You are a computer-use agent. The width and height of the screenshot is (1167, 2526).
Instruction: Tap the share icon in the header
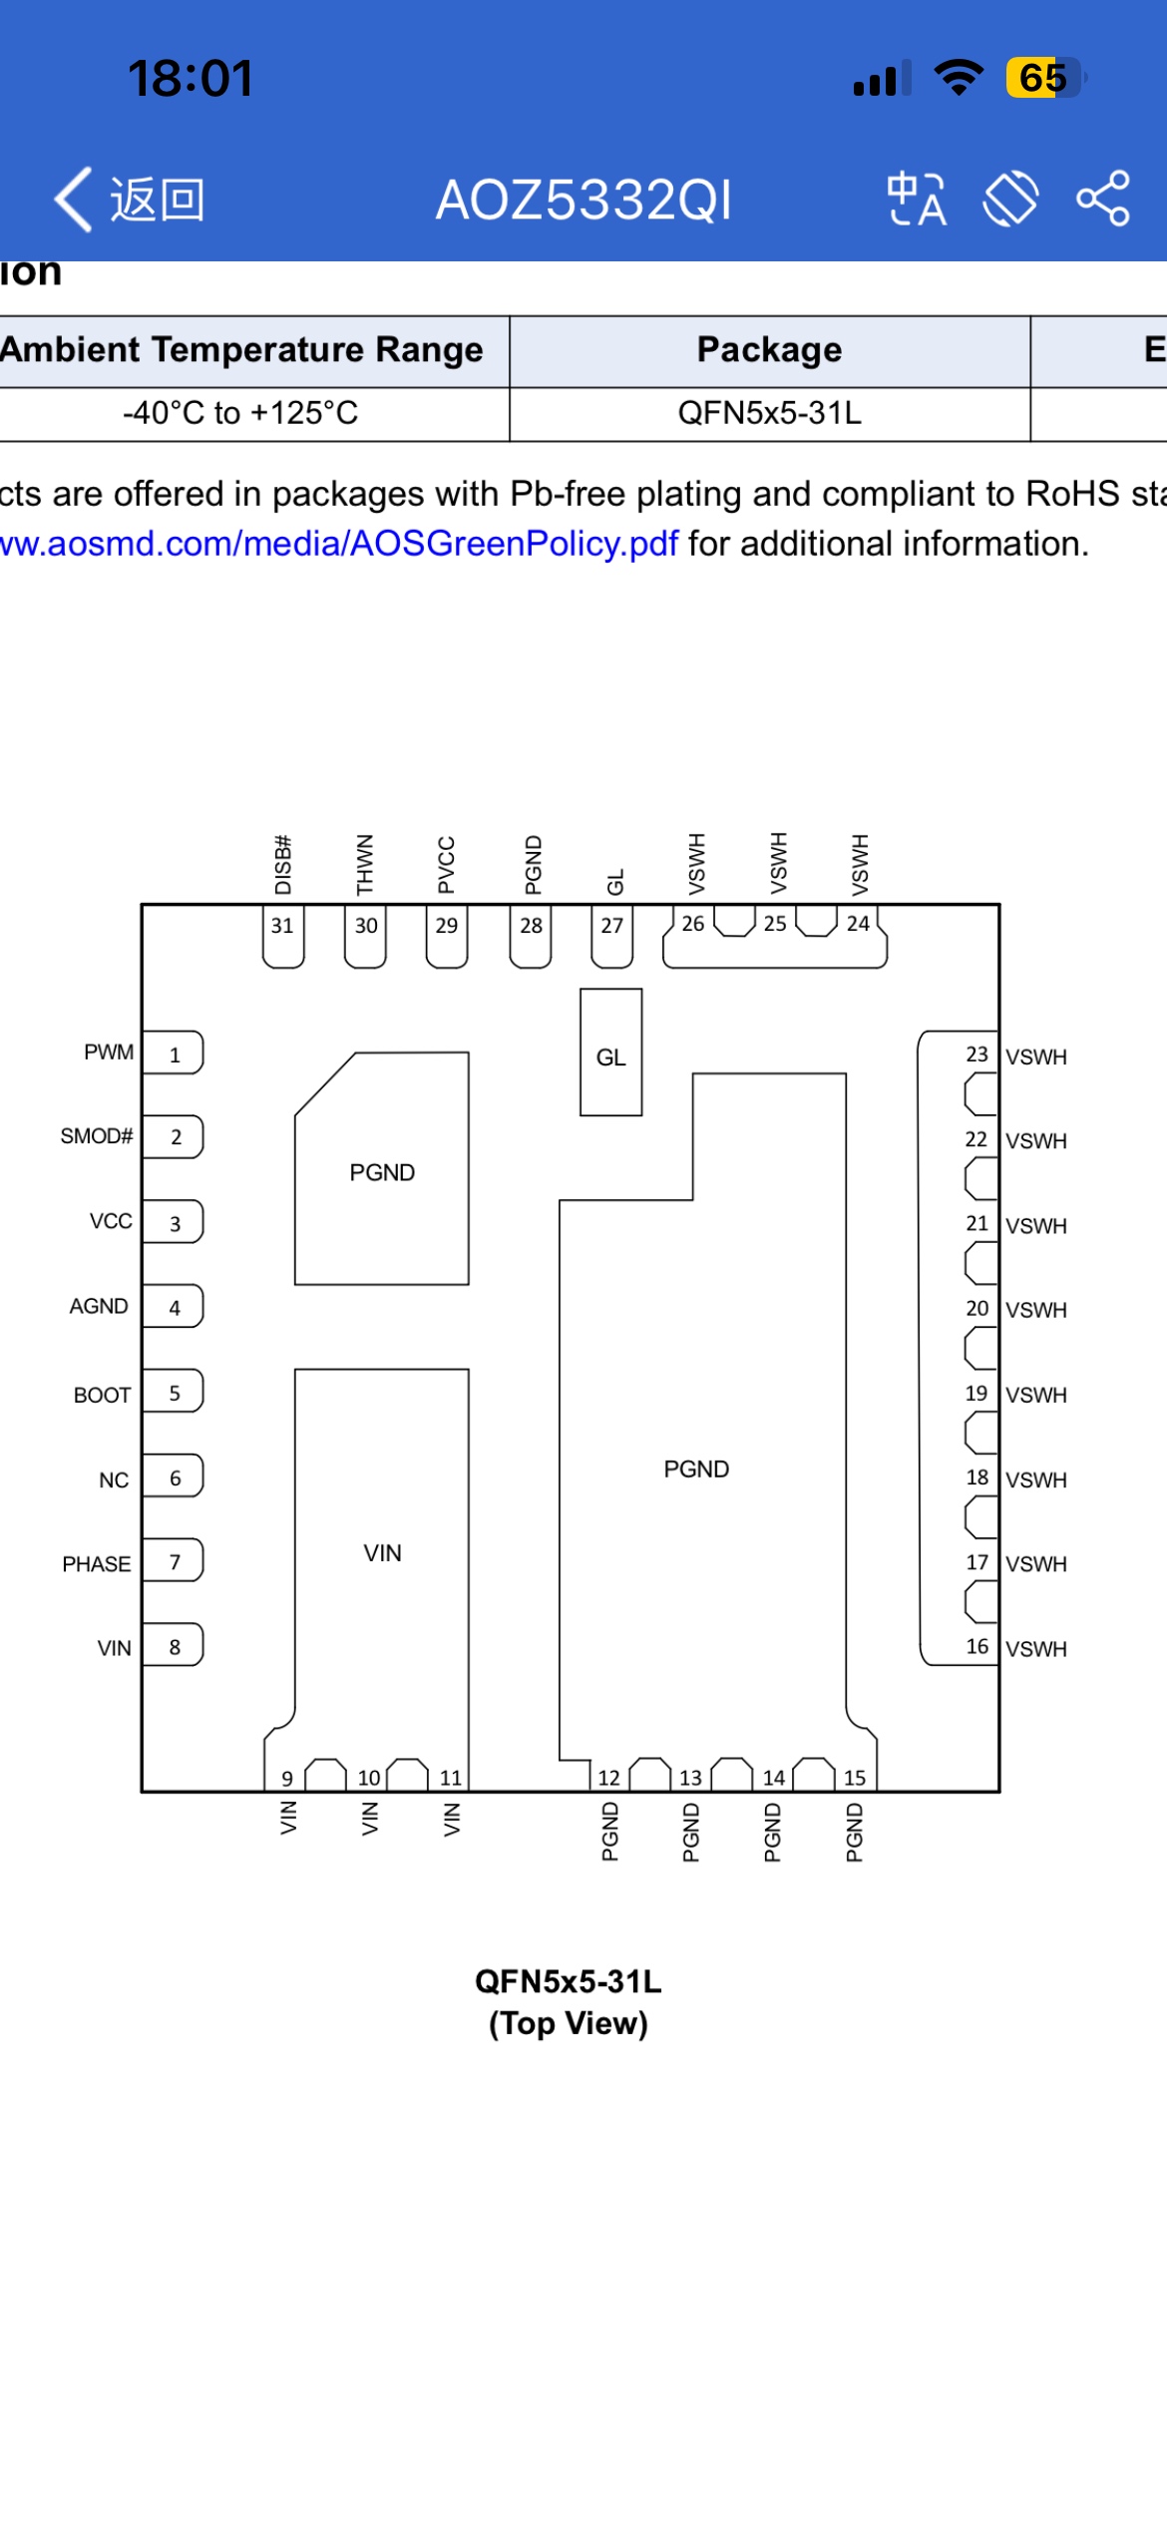(1102, 199)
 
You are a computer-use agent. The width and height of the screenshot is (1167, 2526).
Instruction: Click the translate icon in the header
(916, 199)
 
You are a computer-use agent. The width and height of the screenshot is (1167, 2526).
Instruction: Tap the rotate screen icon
(1010, 199)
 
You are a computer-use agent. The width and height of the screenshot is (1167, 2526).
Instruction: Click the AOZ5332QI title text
(583, 200)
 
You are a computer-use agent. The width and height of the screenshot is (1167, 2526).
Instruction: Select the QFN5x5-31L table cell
(769, 413)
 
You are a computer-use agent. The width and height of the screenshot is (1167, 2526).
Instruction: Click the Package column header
(769, 350)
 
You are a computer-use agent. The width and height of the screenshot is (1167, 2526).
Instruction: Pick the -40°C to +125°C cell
(240, 413)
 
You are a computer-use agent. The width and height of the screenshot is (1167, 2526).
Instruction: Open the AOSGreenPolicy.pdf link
(339, 544)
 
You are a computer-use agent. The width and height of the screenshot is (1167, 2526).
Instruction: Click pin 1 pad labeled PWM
(174, 1053)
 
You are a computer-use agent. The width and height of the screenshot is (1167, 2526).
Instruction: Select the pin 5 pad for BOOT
(174, 1393)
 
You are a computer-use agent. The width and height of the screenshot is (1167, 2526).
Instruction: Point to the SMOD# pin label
(96, 1136)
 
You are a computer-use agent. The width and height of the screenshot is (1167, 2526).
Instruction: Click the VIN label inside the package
(382, 1553)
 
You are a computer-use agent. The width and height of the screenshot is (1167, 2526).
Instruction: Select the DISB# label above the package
(283, 865)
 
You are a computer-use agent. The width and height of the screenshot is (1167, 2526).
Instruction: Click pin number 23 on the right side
(976, 1054)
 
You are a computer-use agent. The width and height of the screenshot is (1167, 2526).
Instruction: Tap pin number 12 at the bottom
(608, 1777)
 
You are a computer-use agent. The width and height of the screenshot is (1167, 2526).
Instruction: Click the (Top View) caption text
(568, 2023)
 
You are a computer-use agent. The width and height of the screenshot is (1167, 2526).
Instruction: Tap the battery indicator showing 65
(1043, 78)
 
